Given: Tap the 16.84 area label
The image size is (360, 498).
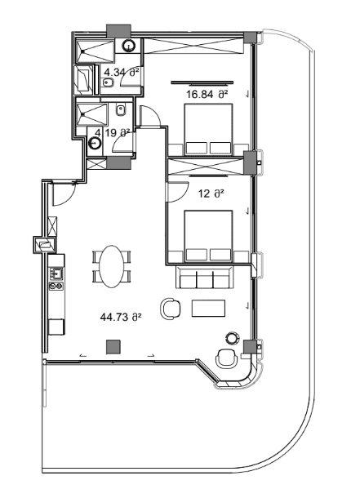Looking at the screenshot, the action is click(207, 95).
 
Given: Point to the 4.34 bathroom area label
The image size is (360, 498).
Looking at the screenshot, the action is click(122, 73).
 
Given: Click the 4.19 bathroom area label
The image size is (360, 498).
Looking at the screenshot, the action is click(113, 133).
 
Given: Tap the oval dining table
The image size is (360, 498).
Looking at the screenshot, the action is click(111, 266).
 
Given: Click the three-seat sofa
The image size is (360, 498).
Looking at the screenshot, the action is click(205, 277).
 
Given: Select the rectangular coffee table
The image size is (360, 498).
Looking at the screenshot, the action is click(209, 308).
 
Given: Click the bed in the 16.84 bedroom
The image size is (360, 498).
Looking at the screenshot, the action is click(209, 130).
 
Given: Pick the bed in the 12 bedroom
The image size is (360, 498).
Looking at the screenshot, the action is click(209, 236).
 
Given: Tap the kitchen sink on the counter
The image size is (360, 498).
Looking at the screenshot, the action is click(56, 273).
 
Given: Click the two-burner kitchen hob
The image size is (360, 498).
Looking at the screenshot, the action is click(56, 286).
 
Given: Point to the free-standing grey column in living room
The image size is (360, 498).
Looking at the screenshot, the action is click(113, 346).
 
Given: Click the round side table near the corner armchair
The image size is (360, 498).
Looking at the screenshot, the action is click(232, 337).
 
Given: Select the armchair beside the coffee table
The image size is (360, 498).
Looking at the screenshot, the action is click(171, 308).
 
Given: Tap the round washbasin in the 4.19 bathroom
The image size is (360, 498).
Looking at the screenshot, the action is click(95, 143).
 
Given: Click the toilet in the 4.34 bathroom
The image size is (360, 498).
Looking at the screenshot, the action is click(108, 82).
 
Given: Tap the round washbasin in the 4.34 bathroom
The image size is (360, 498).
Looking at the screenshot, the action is click(128, 47).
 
